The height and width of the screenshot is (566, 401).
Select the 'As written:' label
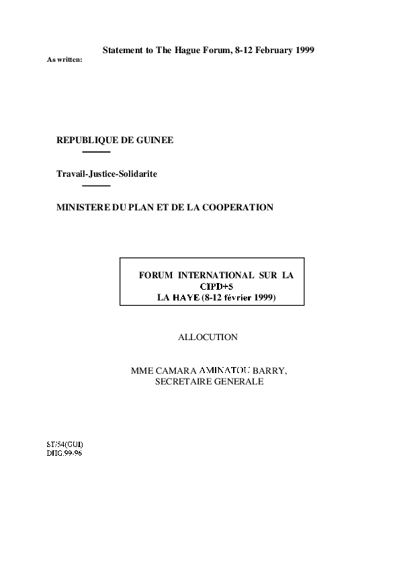click(64, 60)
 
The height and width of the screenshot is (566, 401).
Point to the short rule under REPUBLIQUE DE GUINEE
click(96, 152)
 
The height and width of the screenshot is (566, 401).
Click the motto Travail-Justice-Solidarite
click(107, 174)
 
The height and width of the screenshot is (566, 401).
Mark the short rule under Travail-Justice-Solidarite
click(96, 186)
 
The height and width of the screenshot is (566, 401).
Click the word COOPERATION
click(238, 208)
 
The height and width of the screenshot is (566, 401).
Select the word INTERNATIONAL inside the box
click(216, 276)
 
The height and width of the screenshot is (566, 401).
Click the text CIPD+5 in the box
click(217, 286)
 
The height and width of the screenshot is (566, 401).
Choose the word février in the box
click(238, 298)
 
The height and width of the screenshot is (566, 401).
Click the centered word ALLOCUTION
click(208, 337)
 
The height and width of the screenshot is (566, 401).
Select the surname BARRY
click(270, 370)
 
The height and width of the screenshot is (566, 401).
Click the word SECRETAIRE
click(183, 382)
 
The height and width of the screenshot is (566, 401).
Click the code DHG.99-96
click(64, 453)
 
